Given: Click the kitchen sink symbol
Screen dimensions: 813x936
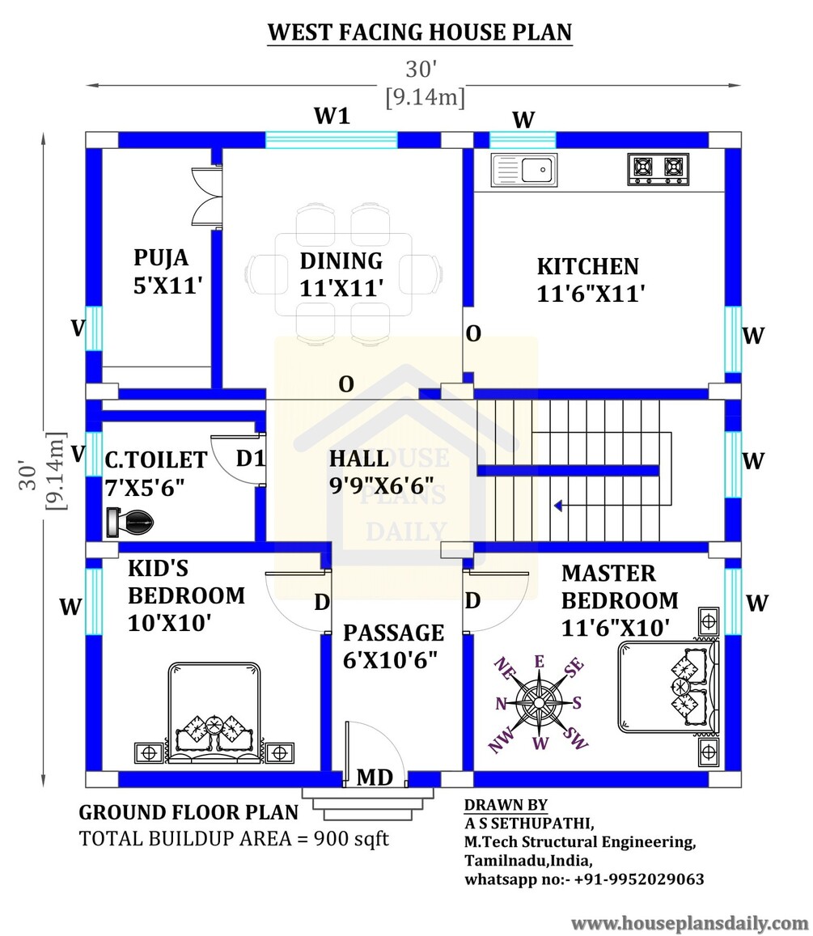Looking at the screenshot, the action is point(524,170).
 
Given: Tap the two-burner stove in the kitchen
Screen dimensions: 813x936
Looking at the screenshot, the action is point(657,170).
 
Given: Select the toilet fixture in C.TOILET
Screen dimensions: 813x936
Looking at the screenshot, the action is point(130,523).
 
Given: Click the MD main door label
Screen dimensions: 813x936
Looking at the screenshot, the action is point(375,777).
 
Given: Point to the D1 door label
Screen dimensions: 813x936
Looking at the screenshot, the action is point(250,459).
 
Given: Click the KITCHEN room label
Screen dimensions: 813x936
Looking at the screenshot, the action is point(588,266).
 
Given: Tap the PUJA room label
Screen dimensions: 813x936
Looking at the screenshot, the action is point(160,258).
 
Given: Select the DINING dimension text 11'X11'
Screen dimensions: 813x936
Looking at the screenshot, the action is point(341,288).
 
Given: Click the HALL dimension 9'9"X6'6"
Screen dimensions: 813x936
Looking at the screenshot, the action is point(382,486).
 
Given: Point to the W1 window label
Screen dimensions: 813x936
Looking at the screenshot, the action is point(332,116).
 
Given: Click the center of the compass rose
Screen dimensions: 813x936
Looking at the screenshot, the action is point(540,702).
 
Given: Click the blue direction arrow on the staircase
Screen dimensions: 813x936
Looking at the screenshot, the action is point(558,506).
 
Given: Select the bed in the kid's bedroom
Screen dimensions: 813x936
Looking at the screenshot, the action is point(214,712).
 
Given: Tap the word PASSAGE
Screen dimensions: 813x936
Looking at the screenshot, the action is point(393,633).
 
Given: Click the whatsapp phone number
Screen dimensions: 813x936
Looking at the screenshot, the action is point(639,879).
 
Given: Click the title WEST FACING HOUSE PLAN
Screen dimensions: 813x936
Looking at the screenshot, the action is point(420,32).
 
